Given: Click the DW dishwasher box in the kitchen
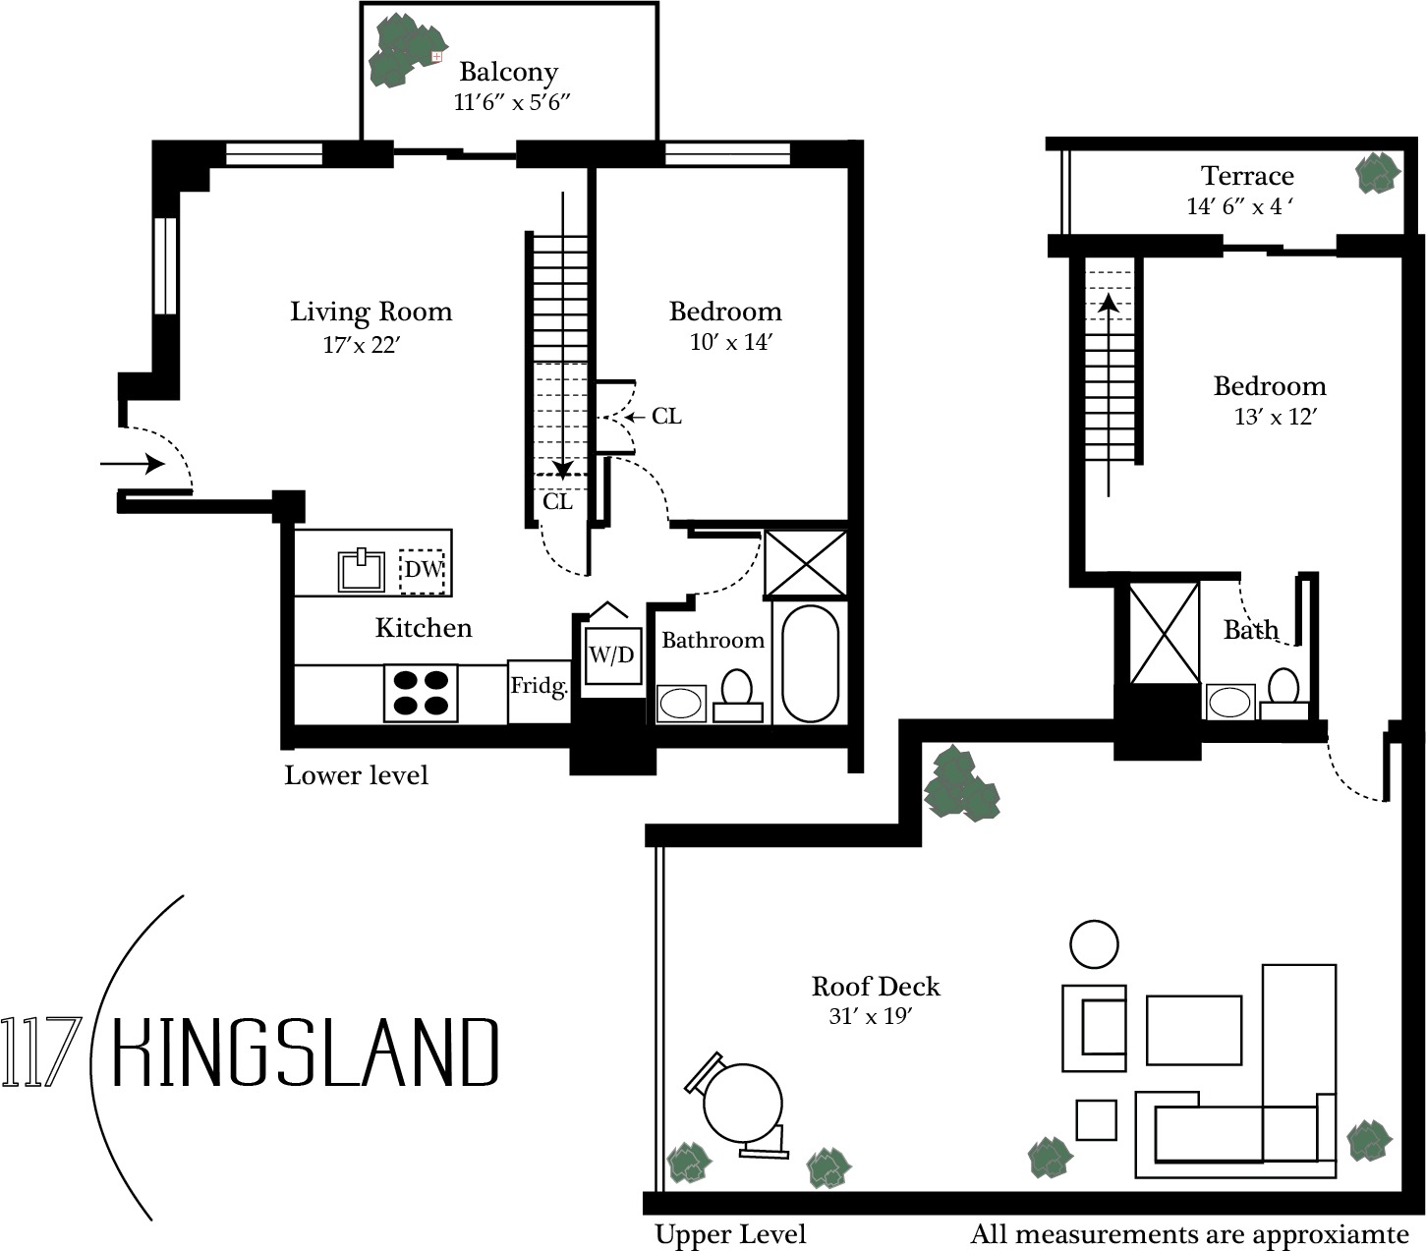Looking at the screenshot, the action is pos(423,571).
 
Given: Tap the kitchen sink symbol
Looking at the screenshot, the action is pos(361,570).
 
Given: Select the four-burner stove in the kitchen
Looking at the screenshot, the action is pos(421,694).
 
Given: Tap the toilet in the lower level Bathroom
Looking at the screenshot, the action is pos(738,695).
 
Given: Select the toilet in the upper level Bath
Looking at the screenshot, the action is pos(1283,694).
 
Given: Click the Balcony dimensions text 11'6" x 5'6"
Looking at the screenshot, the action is pos(512,103).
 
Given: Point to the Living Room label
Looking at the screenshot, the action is pos(371,312).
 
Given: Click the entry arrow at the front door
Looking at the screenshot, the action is pos(133,464).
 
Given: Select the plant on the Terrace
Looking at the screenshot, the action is pos(1378,173).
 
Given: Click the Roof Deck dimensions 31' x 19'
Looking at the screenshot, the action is pos(871,1016).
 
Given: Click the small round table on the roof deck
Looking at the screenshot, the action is pos(1094,944).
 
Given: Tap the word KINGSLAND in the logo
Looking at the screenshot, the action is pos(306,1052).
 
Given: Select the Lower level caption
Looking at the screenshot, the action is pos(356,775).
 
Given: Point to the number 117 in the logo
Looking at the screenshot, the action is pos(41,1052).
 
